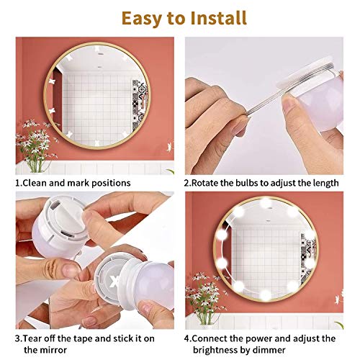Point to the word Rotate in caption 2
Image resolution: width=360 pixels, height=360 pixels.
(x=209, y=183)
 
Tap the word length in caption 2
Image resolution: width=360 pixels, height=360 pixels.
(x=323, y=183)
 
